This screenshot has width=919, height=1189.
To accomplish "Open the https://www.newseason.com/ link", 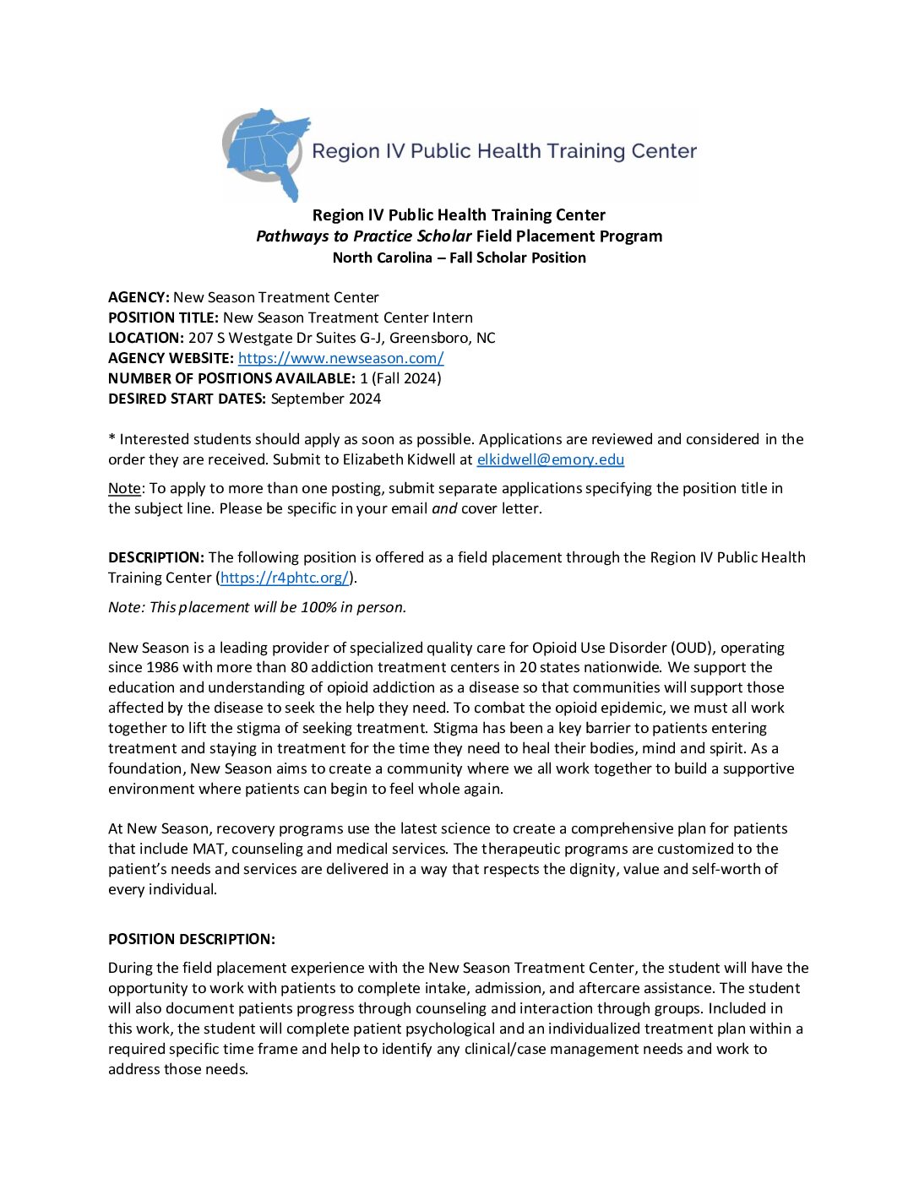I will pos(340,358).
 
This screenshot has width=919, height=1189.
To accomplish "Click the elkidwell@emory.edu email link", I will pos(550,459).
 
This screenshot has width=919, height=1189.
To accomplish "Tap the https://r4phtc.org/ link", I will pos(285,578).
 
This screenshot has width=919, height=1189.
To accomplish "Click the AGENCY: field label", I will pos(139,297).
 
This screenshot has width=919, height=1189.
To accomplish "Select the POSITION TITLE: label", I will pos(163,318).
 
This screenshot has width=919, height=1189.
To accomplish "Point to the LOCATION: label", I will pos(146,338).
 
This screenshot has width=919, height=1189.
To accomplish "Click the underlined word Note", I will pos(124,488).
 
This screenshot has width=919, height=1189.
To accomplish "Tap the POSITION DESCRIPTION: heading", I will pos(192,939).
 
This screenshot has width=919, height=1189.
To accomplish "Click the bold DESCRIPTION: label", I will pos(156,557).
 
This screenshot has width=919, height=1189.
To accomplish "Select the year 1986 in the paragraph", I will pos(162,667).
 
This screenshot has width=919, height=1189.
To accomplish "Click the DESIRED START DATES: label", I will pos(187,399).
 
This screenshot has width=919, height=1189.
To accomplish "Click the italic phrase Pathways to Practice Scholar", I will pos(363,236).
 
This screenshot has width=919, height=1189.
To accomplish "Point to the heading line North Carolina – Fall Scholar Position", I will pos(459,258).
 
